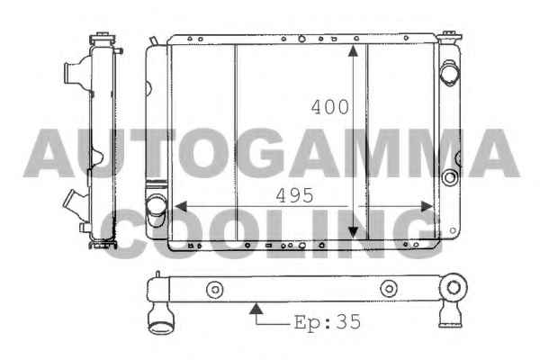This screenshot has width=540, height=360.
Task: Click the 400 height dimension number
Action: tap(330, 107)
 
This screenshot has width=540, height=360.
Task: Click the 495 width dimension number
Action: tap(295, 195)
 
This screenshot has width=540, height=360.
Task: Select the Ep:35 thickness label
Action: tap(328, 322)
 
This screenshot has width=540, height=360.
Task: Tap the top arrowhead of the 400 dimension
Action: tap(353, 50)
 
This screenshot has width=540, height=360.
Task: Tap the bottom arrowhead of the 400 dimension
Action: tap(353, 231)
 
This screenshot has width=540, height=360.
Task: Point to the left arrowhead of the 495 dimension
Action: tap(181, 206)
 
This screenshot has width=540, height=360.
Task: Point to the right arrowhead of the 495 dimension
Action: tap(427, 206)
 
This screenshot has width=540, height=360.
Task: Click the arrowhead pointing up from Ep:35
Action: tap(256, 309)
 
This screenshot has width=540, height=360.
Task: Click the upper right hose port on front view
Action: tap(449, 73)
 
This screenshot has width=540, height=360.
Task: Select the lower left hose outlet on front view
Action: tap(157, 208)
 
